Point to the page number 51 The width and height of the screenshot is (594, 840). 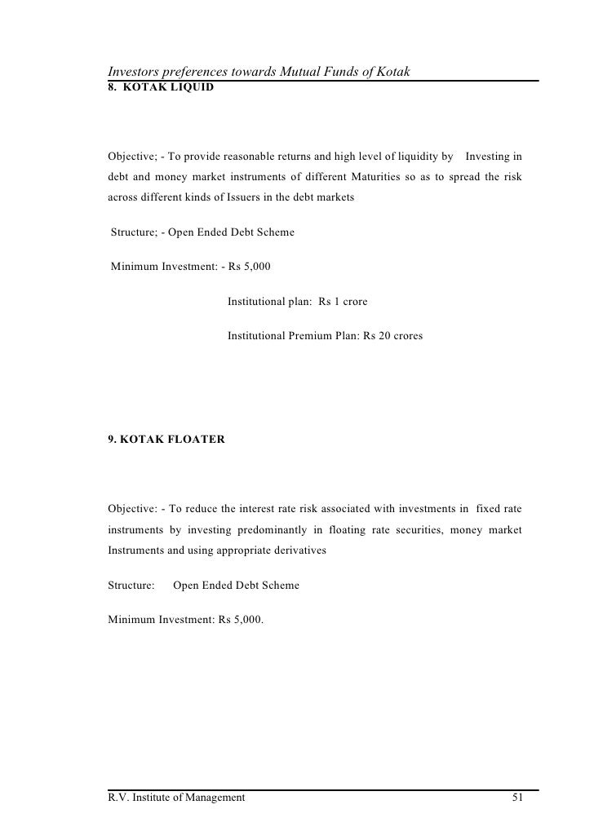point(517,797)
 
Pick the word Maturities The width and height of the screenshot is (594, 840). point(368,177)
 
